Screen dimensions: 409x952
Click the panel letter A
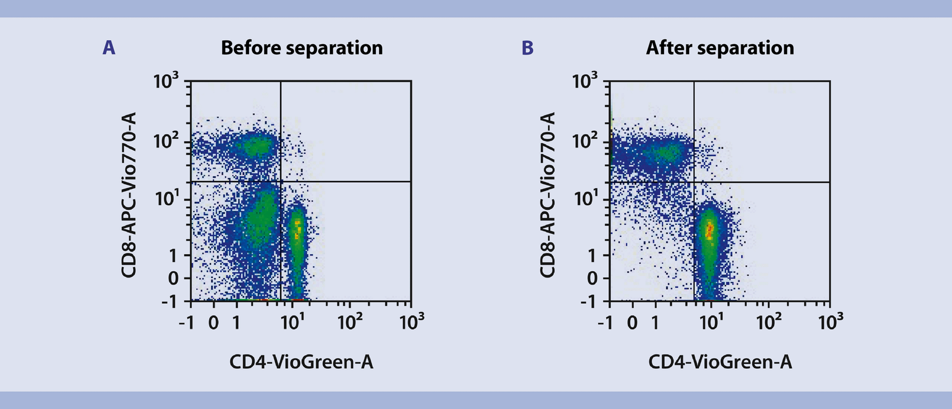tap(109, 48)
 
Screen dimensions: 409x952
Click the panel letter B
tap(528, 48)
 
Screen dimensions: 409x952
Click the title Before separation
tap(301, 48)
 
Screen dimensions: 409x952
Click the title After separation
tap(719, 48)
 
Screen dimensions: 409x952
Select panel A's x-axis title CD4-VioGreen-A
tap(301, 362)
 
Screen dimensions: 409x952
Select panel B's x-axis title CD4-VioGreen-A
tap(720, 362)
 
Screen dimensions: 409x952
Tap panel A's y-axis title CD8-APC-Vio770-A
tap(129, 195)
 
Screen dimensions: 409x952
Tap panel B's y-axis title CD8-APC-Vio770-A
tap(547, 195)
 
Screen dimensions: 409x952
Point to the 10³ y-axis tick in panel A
tap(166, 81)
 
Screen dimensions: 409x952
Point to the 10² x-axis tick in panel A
tap(350, 323)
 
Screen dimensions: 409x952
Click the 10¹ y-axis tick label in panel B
tap(586, 199)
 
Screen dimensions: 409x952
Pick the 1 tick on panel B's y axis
tap(592, 256)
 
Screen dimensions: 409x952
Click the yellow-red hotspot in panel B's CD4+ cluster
tap(710, 231)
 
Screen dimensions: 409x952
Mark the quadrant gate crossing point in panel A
tap(281, 181)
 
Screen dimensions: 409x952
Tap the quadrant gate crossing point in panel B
tap(694, 182)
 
